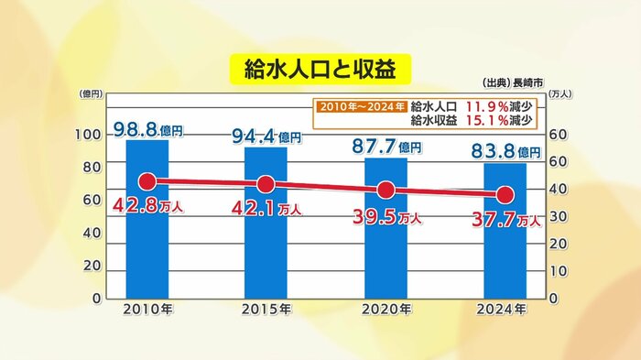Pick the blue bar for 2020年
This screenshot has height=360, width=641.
coord(386,256)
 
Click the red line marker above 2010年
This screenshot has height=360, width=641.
coord(147,181)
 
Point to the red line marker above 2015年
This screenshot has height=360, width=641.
coord(266,184)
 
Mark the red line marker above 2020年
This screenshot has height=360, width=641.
coord(386,191)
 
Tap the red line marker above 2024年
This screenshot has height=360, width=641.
coord(505,195)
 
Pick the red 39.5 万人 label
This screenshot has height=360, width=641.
coord(386,217)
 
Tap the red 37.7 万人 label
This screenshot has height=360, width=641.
coord(505,220)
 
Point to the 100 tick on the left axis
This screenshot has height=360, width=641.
coord(88,136)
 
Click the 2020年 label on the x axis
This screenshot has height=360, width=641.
coord(386,310)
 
